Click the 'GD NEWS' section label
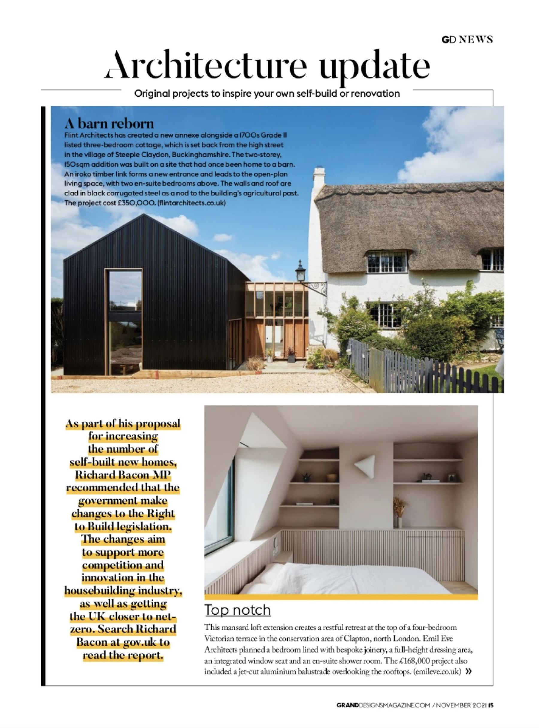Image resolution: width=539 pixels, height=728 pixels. [467, 40]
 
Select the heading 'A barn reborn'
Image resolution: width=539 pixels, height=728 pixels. [109, 124]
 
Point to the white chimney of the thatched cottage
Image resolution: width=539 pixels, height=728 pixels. [319, 178]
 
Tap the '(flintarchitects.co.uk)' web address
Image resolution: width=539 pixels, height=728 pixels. [192, 203]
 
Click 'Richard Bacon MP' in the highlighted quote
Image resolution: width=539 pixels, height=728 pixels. [123, 474]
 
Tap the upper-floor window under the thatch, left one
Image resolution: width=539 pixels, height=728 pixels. [387, 262]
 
